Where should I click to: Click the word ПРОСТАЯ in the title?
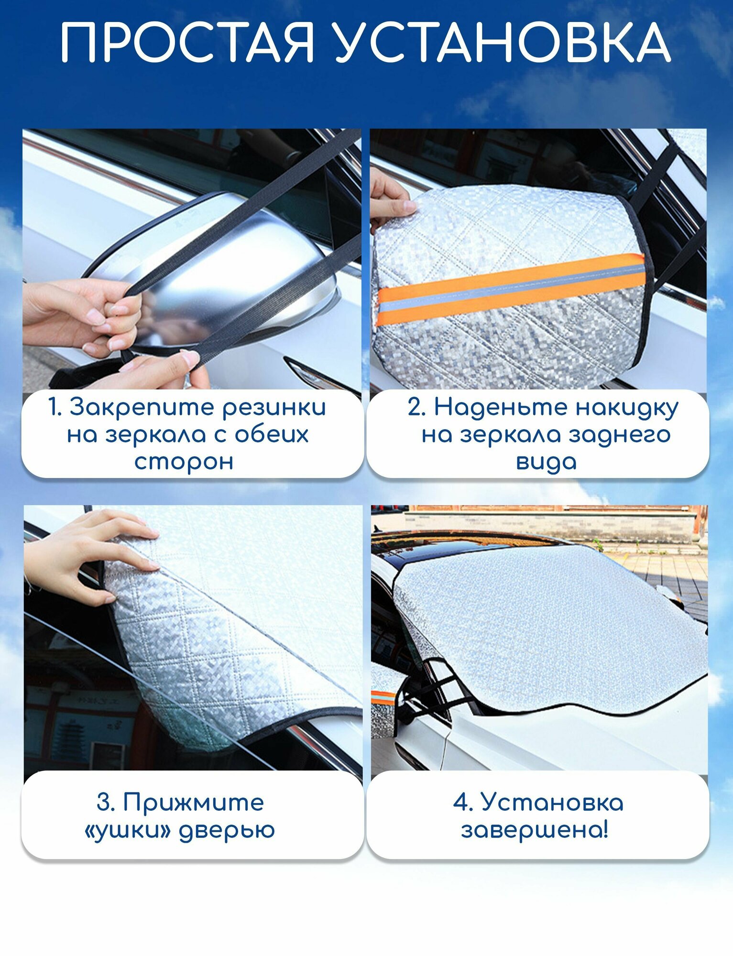187,43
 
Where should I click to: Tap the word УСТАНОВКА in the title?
503,43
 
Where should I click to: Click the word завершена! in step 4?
535,830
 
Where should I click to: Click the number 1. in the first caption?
55,408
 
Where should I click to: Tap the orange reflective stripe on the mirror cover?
511,289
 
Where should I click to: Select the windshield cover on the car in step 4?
550,626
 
